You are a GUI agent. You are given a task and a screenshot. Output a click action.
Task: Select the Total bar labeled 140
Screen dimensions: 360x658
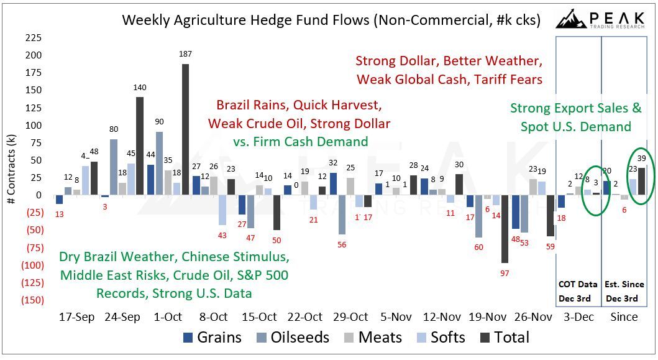tap(140, 146)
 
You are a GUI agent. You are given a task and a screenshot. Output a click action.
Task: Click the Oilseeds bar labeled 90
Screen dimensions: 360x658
tap(160, 164)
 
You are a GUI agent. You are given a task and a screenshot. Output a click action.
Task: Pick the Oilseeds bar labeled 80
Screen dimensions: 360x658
tap(113, 167)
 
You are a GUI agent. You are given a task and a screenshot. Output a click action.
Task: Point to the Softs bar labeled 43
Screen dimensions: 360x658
tap(222, 210)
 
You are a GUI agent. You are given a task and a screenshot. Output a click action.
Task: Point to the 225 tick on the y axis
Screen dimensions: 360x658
tap(33, 37)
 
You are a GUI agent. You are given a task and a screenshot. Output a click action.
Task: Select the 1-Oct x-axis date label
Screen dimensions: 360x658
tap(168, 316)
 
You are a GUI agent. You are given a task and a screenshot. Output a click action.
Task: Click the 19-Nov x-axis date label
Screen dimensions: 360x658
tap(488, 316)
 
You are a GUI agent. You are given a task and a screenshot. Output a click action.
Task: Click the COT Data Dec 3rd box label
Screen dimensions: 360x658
tap(577, 291)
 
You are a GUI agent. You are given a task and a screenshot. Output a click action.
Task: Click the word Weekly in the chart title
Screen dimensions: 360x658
tap(144, 20)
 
